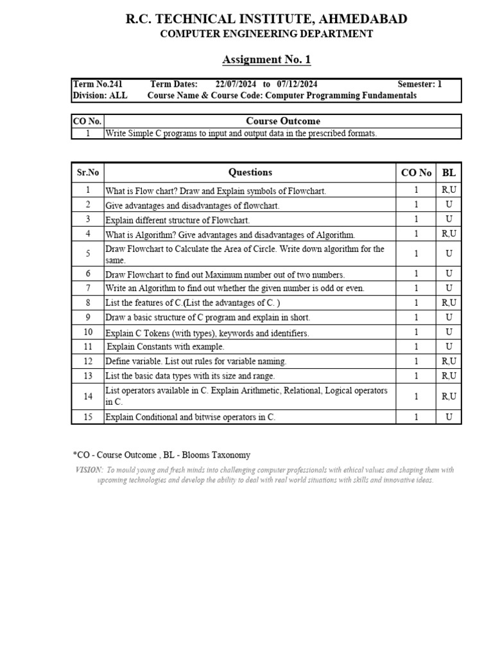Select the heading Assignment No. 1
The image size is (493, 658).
click(x=266, y=60)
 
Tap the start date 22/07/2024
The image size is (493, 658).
click(x=235, y=84)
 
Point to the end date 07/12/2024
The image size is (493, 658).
click(x=297, y=84)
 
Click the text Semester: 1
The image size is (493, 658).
click(x=420, y=84)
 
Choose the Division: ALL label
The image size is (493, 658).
click(x=100, y=96)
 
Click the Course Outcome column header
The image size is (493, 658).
click(x=282, y=121)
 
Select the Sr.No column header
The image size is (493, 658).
click(x=88, y=172)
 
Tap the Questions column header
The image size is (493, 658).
click(x=250, y=172)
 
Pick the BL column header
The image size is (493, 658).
click(x=449, y=172)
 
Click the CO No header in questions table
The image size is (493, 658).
click(x=416, y=172)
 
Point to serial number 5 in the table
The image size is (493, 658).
click(x=88, y=254)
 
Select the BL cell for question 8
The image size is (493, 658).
click(x=449, y=303)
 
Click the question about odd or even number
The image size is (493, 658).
click(x=235, y=289)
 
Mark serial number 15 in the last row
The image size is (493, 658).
click(x=88, y=417)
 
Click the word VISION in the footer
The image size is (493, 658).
click(x=89, y=470)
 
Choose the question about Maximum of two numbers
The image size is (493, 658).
click(x=225, y=274)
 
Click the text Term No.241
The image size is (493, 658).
click(x=98, y=84)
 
